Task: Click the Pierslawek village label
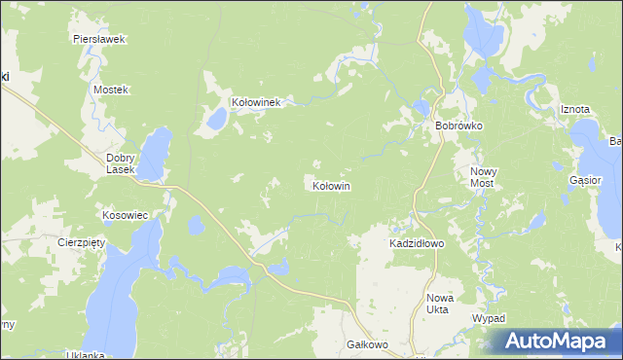pos(99,40)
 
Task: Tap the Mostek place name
pos(110,90)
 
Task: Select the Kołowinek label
pos(256,101)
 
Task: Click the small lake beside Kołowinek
pos(215,121)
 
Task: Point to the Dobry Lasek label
pos(126,162)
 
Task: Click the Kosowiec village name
pos(125,214)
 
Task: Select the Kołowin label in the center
pos(331,185)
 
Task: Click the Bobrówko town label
pos(459,126)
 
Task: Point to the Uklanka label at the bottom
pos(85,355)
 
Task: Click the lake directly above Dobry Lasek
pos(155,151)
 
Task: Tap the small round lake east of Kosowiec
pos(196,226)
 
